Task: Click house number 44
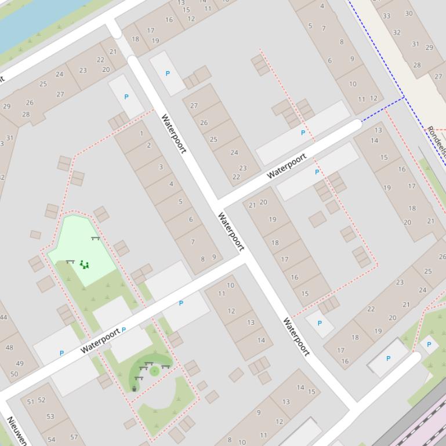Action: tap(3, 317)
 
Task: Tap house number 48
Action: tap(9, 348)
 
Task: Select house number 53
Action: tap(50, 416)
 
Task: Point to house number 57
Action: tap(74, 437)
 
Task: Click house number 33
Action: tap(386, 16)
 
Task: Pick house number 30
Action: tap(409, 13)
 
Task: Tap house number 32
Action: tap(397, 32)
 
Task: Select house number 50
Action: tap(14, 374)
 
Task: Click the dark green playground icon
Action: tap(85, 265)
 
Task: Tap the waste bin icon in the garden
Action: tap(135, 389)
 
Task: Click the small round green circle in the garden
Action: tap(154, 371)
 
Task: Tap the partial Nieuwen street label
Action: tap(16, 430)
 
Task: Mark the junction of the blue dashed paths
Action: tap(404, 97)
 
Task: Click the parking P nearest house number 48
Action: tap(61, 353)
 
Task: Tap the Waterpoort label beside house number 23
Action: tap(287, 166)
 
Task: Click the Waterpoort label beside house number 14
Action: tap(296, 336)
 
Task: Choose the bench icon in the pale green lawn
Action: tap(95, 238)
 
